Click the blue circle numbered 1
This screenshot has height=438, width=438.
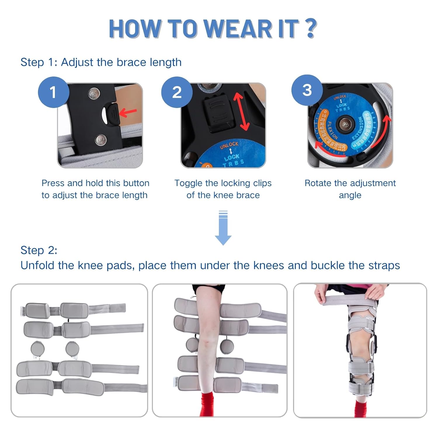coord(53,92)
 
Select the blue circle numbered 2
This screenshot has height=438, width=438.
coord(177,92)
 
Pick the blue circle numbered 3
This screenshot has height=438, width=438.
coord(307,90)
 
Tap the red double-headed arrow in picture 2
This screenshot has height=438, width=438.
coord(241,112)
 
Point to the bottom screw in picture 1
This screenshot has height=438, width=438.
coord(101,140)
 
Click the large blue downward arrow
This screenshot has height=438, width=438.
coord(223,231)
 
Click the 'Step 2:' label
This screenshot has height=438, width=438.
coord(39,250)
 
